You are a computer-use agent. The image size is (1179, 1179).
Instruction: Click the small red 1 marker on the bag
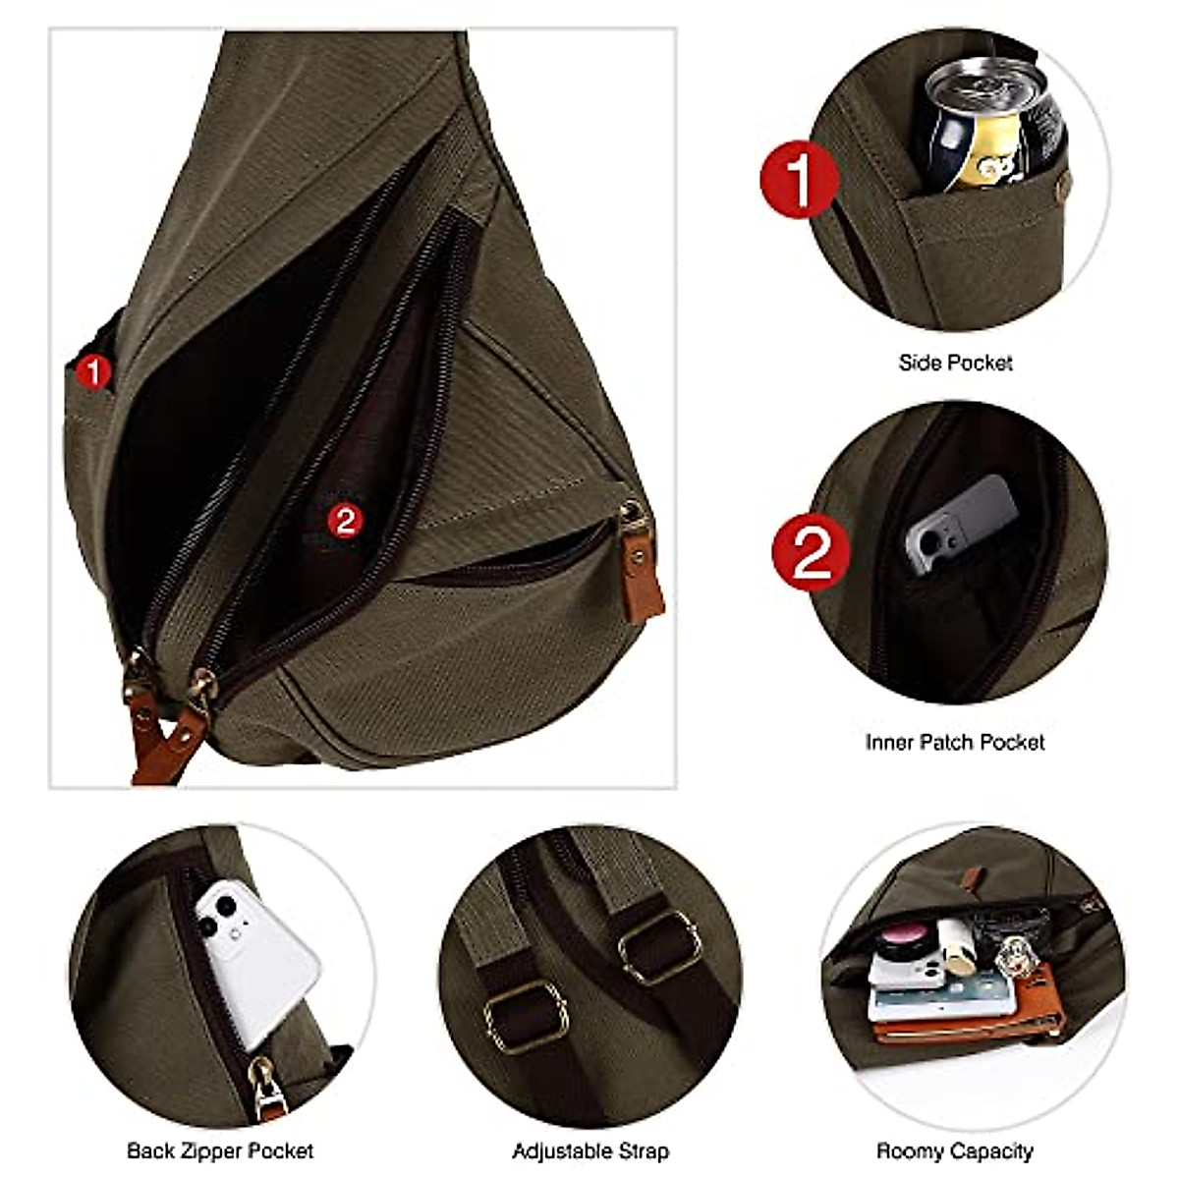tap(94, 372)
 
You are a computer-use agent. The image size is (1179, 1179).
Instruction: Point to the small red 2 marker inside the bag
tap(345, 520)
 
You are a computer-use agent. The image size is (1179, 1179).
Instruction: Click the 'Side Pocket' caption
tap(955, 363)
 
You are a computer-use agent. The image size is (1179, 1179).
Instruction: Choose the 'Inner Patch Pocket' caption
tap(955, 742)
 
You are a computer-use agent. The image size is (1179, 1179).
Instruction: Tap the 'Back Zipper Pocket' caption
tap(220, 1151)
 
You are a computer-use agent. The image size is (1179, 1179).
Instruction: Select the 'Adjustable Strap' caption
tap(590, 1151)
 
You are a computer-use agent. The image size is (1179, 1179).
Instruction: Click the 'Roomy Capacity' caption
tap(955, 1151)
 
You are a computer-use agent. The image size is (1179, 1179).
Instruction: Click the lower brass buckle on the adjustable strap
tap(527, 1013)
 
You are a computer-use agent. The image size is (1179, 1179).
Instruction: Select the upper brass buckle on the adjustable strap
tap(659, 944)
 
